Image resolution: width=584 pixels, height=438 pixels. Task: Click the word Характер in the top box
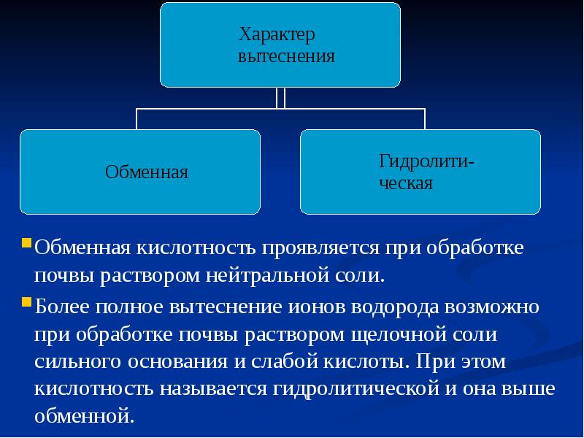pos(277,34)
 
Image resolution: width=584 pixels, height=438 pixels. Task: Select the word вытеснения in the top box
pos(286,56)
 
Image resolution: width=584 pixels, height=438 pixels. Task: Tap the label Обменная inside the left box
pos(147,172)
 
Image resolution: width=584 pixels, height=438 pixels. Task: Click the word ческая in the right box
pos(405,182)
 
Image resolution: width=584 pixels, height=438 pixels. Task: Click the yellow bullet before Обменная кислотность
pos(26,242)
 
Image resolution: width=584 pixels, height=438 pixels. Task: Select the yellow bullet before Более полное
pos(26,301)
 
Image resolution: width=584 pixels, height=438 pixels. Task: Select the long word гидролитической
pos(356,388)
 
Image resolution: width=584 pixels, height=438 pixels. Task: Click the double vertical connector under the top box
pos(280,98)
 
